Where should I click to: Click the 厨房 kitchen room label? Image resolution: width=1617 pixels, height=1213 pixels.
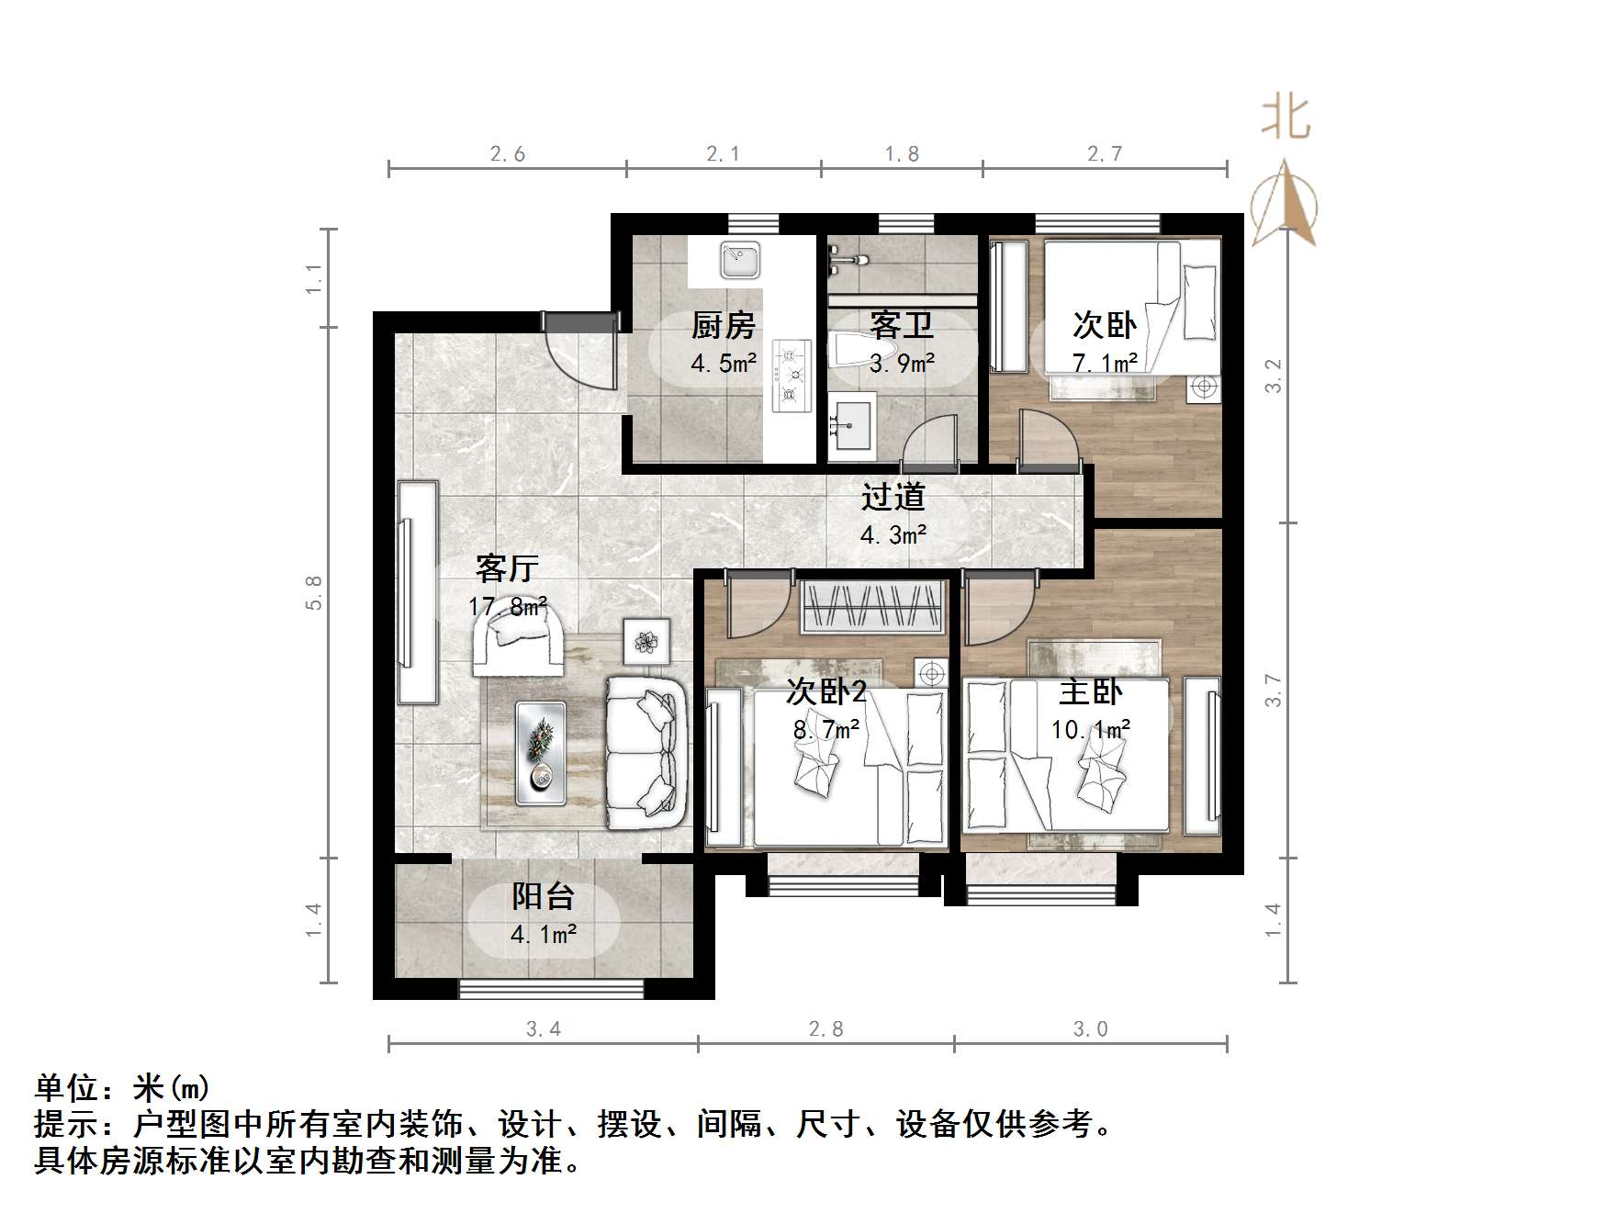click(723, 325)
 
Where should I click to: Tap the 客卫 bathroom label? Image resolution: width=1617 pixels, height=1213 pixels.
click(901, 325)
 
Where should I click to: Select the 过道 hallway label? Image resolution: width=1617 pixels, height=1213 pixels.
click(893, 498)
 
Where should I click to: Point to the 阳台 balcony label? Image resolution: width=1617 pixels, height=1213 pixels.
click(544, 896)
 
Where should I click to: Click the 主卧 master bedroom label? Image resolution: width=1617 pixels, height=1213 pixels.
click(1090, 692)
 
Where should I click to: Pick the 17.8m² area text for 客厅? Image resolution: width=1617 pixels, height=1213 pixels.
click(508, 607)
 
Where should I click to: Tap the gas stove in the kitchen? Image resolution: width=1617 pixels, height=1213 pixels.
click(792, 374)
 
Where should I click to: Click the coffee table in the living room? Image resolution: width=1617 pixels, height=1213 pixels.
click(540, 752)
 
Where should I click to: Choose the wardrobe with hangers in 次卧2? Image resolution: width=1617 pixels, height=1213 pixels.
click(872, 607)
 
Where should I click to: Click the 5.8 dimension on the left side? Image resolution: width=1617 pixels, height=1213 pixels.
click(314, 592)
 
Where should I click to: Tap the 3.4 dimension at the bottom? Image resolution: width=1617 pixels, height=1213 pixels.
click(544, 1029)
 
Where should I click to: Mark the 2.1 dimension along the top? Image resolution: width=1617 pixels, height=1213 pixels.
click(723, 154)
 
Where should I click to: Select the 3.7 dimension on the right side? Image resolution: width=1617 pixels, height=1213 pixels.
click(1273, 691)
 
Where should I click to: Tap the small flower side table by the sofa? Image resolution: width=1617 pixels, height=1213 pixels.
click(646, 640)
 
